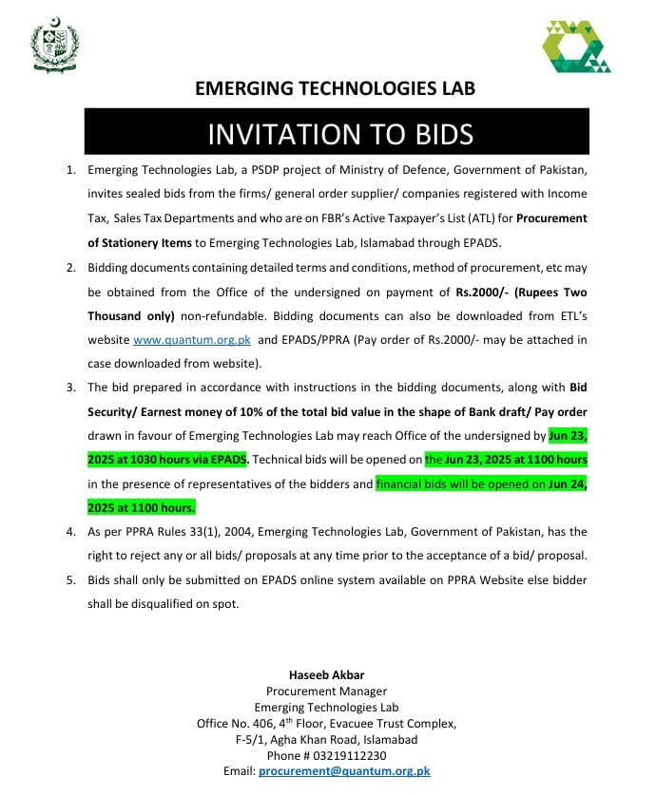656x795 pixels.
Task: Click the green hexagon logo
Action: (576, 47)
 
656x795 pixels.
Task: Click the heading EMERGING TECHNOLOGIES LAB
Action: (335, 88)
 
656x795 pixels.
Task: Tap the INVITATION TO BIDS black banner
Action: (340, 133)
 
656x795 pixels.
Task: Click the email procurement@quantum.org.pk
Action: (344, 771)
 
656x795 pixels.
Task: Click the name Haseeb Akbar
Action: (326, 675)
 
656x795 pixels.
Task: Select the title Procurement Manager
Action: (326, 691)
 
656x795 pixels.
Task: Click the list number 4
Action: (69, 532)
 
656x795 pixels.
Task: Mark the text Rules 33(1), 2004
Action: (198, 532)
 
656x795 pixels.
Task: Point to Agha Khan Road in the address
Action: (311, 739)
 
